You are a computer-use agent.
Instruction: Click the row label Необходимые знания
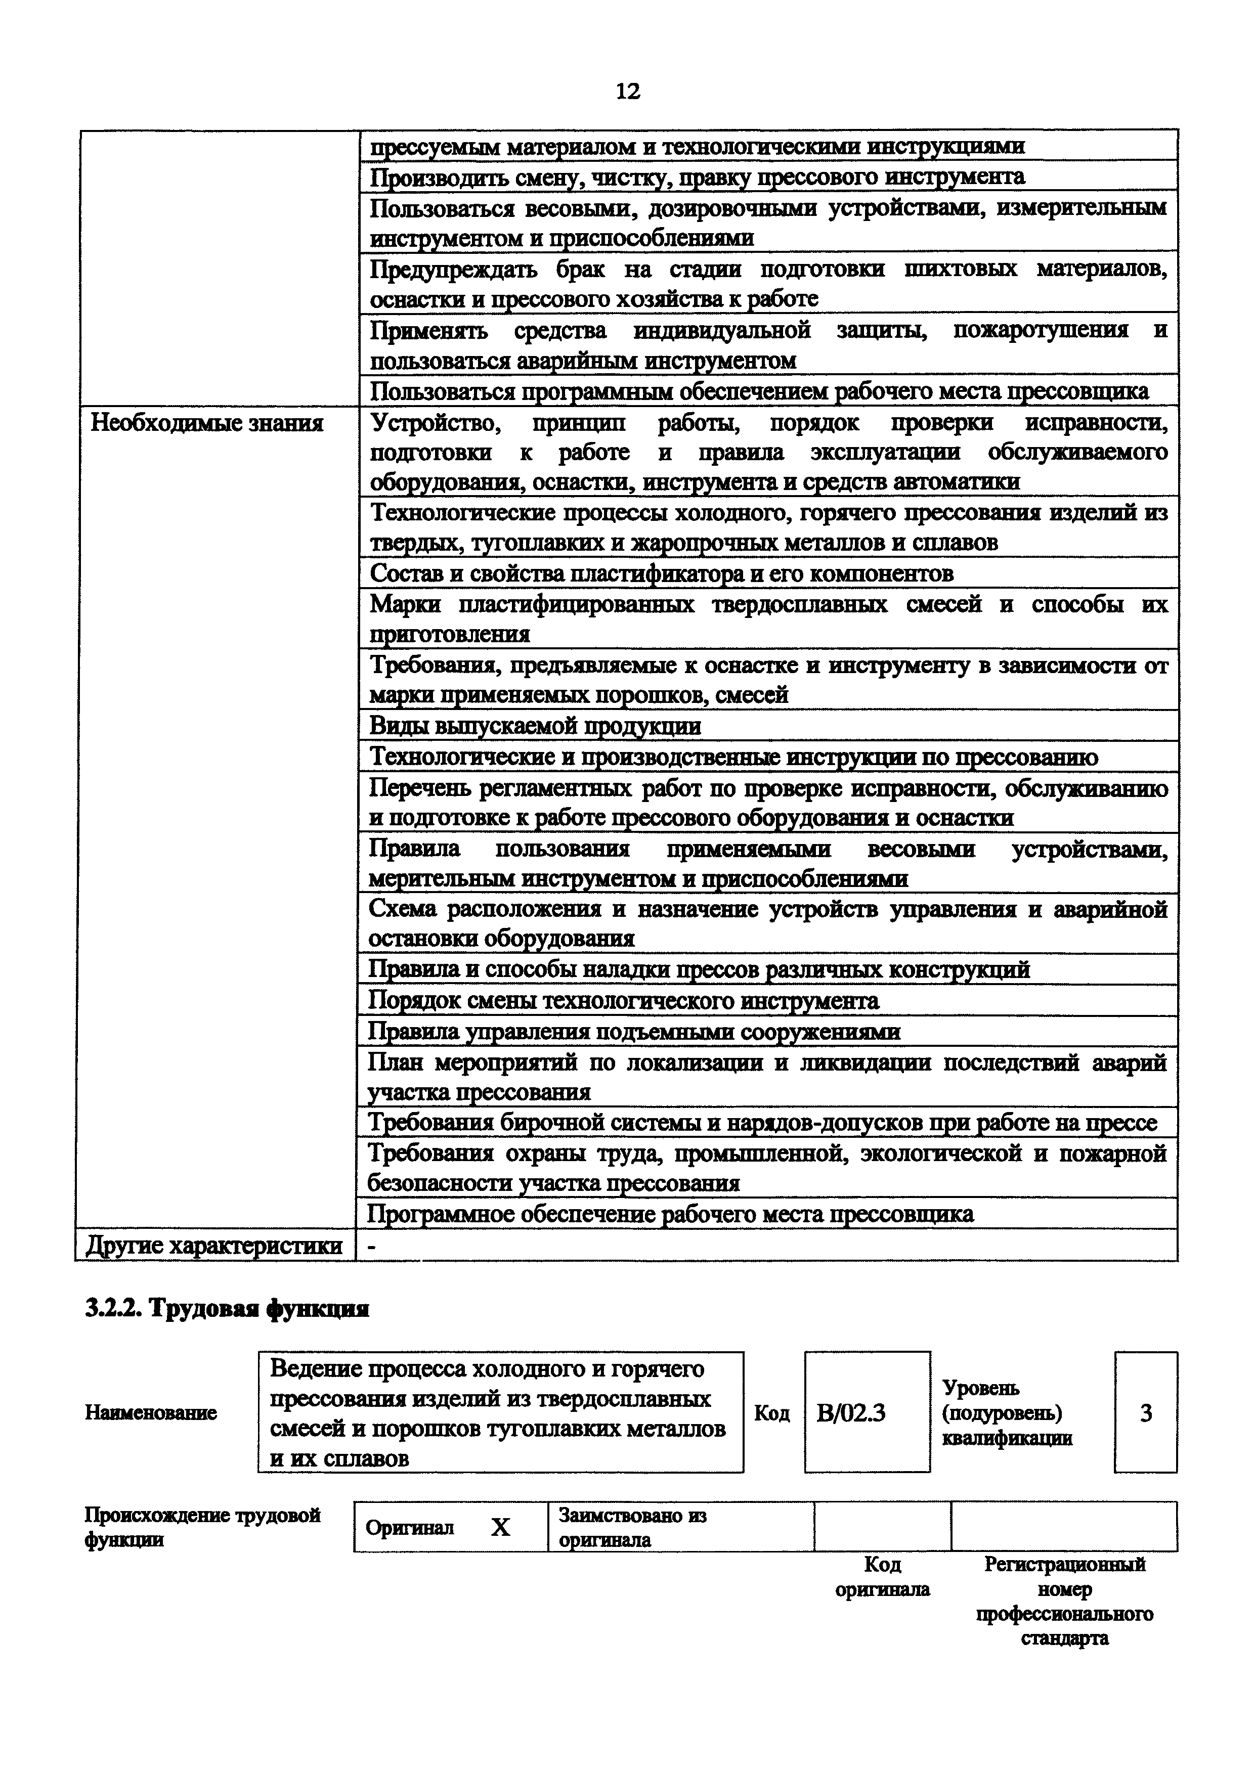point(206,423)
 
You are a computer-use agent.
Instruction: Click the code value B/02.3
point(851,1412)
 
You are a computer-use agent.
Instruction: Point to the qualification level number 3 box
point(1145,1412)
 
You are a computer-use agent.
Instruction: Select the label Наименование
point(151,1412)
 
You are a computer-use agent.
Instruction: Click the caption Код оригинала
point(882,1577)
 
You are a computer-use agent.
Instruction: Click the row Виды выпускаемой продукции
point(535,726)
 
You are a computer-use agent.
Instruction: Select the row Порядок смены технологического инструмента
point(623,1001)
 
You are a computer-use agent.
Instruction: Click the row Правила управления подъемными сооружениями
point(633,1032)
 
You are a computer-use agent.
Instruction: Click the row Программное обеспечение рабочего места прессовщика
point(669,1214)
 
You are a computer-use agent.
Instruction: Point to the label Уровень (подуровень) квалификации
point(1006,1412)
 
